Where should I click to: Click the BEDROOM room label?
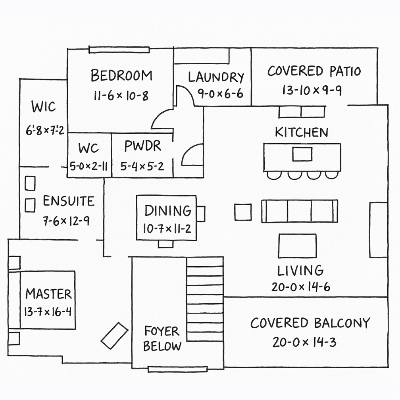(x=121, y=76)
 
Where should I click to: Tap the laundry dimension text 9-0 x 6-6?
(x=220, y=94)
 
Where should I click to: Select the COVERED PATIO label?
(x=314, y=71)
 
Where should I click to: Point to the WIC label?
(x=43, y=106)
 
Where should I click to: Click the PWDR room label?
(x=143, y=146)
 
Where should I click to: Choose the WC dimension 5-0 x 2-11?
(x=88, y=167)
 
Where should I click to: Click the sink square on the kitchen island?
(x=302, y=154)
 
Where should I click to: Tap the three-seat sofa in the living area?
(x=300, y=211)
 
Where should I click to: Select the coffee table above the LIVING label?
(x=298, y=246)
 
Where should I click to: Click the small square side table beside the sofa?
(x=243, y=212)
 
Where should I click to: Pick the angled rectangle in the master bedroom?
(x=114, y=336)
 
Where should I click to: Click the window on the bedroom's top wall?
(x=119, y=50)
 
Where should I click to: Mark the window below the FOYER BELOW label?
(x=177, y=369)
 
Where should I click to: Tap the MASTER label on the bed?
(x=48, y=294)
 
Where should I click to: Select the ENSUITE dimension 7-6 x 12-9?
(x=66, y=221)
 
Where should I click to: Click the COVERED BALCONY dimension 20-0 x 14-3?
(x=304, y=342)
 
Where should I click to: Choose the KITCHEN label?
(x=302, y=133)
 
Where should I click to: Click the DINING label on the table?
(x=168, y=211)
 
